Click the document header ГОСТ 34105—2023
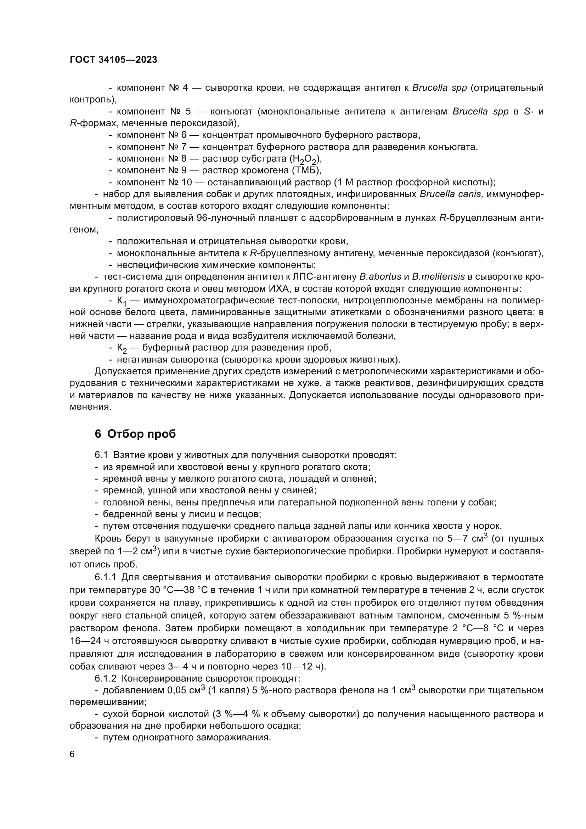pyautogui.click(x=113, y=60)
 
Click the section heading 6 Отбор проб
pyautogui.click(x=135, y=433)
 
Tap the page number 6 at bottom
pyautogui.click(x=72, y=754)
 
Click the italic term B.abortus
pyautogui.click(x=380, y=277)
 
